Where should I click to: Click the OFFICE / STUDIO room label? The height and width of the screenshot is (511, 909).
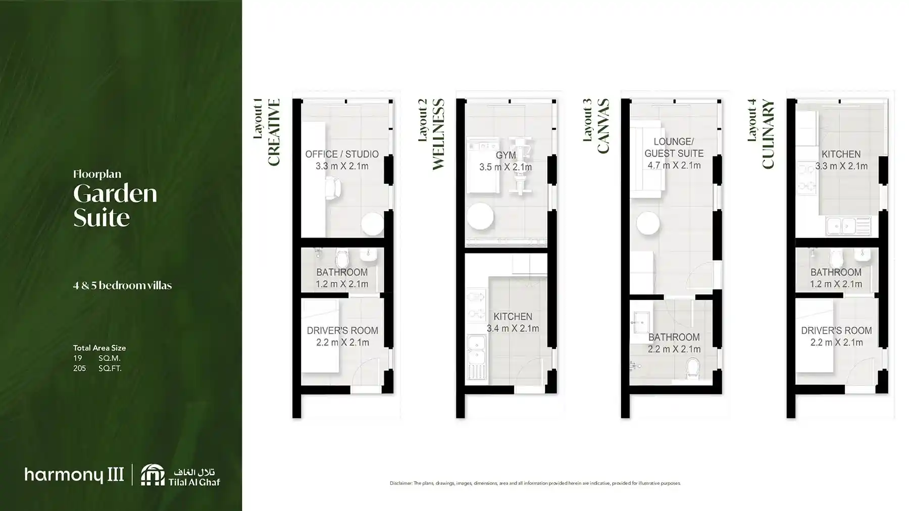pos(341,154)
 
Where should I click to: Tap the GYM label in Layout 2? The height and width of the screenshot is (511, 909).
pos(506,155)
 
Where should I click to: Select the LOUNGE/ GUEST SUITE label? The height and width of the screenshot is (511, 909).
pos(674,147)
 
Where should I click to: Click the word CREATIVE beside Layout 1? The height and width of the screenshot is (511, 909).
pos(273,132)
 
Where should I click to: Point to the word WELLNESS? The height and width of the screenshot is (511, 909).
pos(438,134)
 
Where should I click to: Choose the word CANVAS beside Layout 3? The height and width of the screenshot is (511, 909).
pos(603,126)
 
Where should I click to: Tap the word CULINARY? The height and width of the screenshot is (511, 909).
pos(768,134)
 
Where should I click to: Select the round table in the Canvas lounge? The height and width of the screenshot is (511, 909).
pos(647,223)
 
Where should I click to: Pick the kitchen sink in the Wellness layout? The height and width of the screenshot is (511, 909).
pos(476,350)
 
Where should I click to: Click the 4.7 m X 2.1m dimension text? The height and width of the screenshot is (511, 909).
pos(674,166)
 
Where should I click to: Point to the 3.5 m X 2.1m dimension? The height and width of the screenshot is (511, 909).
pos(506,167)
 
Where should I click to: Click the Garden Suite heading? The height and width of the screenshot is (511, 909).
pos(115,205)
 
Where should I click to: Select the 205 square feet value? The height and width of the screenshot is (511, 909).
pos(79,369)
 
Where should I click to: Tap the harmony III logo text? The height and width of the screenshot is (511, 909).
pos(74,475)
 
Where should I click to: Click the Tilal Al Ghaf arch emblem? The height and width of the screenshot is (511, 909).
pos(152,475)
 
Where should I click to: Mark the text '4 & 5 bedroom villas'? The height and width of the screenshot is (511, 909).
pos(122,286)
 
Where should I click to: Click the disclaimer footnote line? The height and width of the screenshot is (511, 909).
pos(535,483)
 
